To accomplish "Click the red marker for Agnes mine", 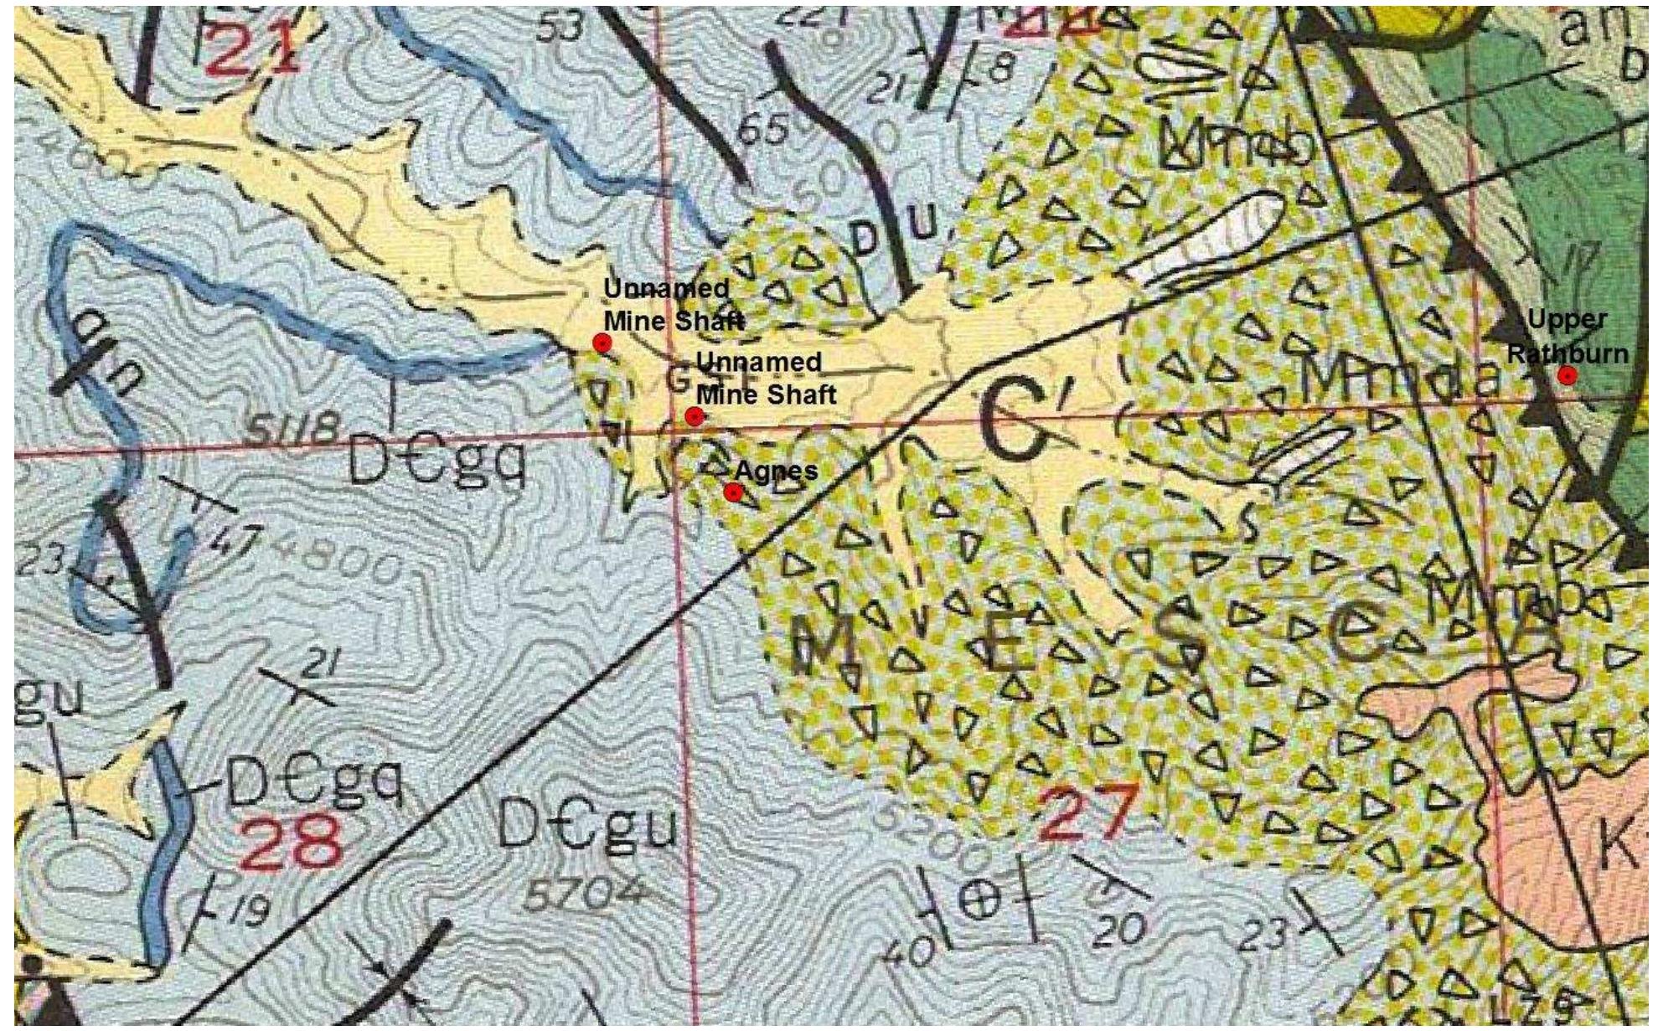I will coord(734,492).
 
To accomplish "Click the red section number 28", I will coord(288,843).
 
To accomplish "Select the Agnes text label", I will coord(776,471).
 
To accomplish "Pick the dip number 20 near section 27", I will coord(1119,928).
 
